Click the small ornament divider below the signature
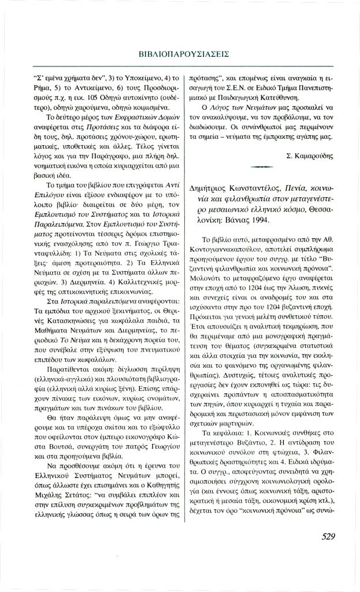pyautogui.click(x=262, y=166)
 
